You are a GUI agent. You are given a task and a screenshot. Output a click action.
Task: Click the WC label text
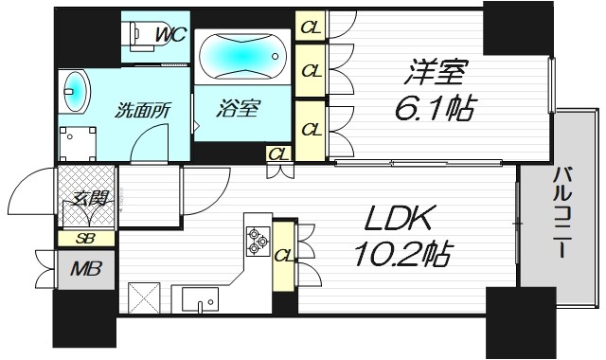click(x=170, y=35)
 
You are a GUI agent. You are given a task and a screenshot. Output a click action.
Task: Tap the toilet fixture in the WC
click(x=140, y=35)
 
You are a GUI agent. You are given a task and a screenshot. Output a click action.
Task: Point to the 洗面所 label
click(x=142, y=108)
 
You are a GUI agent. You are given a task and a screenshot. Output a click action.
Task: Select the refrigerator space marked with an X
click(x=143, y=297)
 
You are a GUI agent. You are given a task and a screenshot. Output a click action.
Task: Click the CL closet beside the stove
click(x=282, y=254)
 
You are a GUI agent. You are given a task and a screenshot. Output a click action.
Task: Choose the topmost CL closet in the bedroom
click(x=309, y=27)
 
